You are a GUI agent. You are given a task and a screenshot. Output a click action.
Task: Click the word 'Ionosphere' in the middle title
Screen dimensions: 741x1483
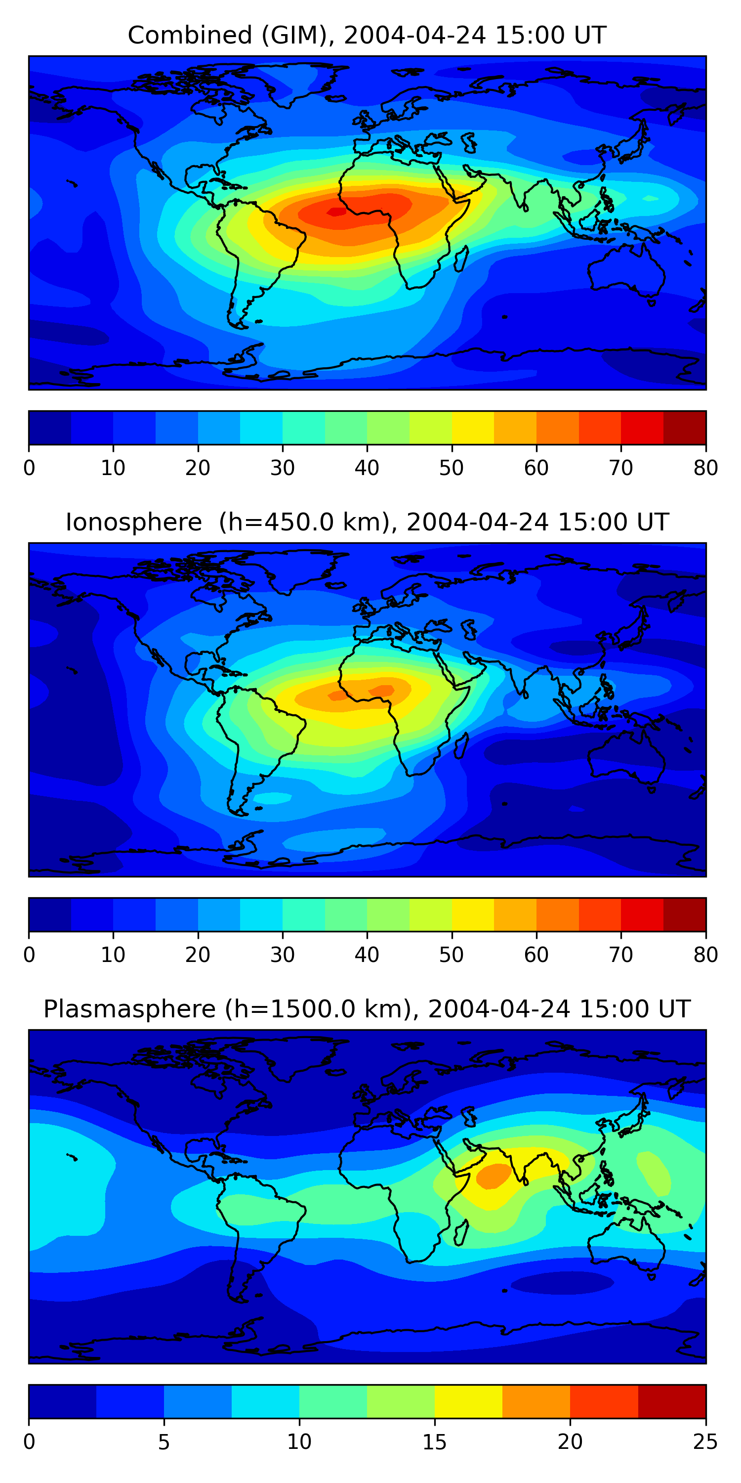[x=133, y=522]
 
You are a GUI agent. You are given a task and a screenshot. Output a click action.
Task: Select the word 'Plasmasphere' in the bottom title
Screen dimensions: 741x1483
[x=130, y=1009]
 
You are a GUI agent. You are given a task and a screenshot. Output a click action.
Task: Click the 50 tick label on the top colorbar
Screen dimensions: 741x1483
[x=452, y=468]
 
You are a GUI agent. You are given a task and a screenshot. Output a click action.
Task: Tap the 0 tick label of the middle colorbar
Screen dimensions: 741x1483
[x=29, y=955]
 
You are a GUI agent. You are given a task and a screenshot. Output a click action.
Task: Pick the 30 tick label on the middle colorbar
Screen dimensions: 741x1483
[x=283, y=955]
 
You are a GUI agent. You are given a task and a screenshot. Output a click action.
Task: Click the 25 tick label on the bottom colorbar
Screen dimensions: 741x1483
[x=705, y=1441]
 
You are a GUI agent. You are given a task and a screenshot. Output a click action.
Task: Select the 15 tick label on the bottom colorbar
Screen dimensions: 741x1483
[x=434, y=1441]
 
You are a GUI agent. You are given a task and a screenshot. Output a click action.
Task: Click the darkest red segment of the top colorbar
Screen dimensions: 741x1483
[x=685, y=428]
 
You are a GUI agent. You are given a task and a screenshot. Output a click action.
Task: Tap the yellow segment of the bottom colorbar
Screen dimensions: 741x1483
[x=468, y=1401]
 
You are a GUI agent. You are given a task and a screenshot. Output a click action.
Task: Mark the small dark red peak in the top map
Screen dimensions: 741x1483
[x=336, y=212]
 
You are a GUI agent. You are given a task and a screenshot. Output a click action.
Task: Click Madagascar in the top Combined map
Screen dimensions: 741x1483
[x=461, y=259]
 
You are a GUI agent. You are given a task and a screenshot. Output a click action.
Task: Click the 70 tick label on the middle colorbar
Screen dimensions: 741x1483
[x=621, y=955]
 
